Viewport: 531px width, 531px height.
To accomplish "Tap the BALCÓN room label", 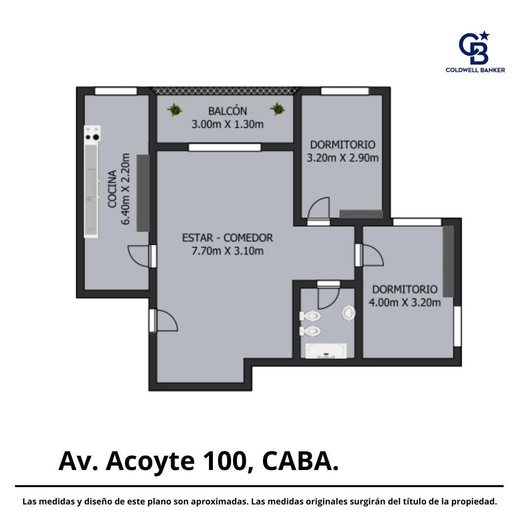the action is click(227, 111).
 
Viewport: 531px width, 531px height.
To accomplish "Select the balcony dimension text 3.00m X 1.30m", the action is click(227, 124).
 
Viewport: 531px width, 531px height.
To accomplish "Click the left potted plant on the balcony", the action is click(175, 109).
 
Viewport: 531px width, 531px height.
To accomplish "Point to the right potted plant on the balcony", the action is click(277, 109).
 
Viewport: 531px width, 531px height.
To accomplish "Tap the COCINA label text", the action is click(112, 189).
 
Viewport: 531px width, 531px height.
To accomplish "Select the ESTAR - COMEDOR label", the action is click(227, 238).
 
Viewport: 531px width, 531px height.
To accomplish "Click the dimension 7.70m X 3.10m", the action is click(227, 251).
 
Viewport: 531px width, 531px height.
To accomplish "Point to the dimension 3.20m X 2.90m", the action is click(342, 158).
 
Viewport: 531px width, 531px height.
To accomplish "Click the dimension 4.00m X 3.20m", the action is click(405, 302).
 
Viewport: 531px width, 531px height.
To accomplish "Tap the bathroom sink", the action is click(348, 313).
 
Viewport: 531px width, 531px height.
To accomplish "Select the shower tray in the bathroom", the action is click(326, 351).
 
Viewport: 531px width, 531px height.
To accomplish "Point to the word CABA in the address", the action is click(296, 461).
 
